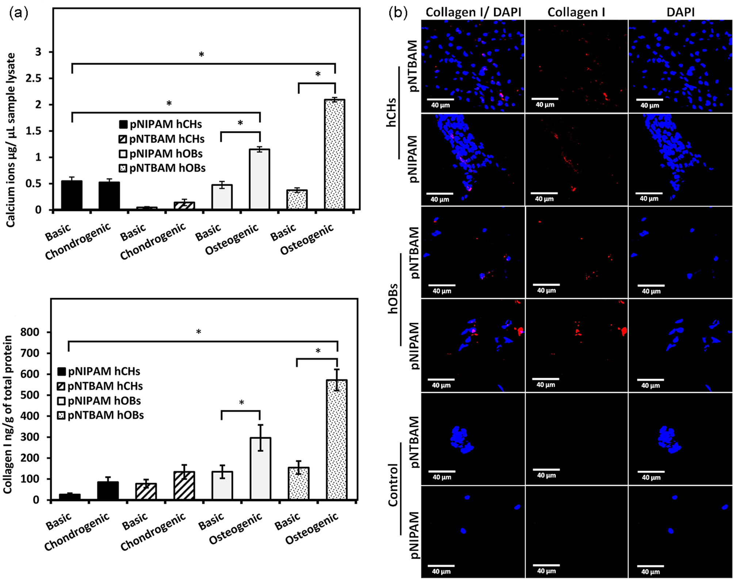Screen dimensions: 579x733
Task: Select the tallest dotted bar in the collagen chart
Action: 337,440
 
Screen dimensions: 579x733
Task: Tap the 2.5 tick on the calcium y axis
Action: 33,78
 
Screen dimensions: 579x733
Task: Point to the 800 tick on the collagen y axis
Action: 30,332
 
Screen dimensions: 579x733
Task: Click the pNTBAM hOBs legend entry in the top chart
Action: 163,168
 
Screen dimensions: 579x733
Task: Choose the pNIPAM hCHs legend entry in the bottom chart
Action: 99,371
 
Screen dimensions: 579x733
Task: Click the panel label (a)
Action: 18,13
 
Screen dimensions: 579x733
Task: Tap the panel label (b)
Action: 398,13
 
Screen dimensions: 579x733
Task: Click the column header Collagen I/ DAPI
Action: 473,12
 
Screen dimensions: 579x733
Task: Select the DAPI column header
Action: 680,12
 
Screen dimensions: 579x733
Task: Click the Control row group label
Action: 393,485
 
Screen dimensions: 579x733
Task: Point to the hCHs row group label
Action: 392,112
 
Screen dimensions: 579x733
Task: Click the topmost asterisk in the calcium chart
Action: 201,55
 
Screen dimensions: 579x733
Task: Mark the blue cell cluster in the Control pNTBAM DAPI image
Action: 669,439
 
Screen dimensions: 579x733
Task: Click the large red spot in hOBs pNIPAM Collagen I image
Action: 623,331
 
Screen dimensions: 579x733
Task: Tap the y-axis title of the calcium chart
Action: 11,140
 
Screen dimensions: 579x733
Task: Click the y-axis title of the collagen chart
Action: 8,415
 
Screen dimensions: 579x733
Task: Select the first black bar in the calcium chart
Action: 72,195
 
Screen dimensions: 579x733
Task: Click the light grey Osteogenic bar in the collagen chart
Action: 260,468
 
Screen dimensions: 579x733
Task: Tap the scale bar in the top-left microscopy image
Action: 440,99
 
